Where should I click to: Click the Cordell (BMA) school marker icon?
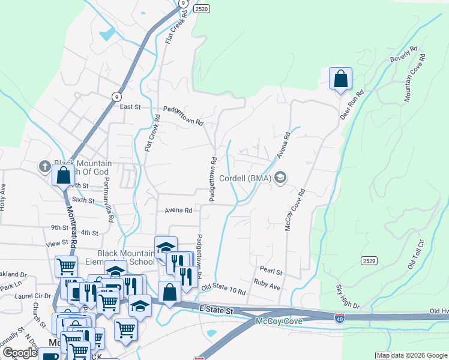(x=280, y=178)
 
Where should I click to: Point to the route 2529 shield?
(x=369, y=260)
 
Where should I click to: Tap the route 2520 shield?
(x=202, y=9)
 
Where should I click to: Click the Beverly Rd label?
(x=403, y=56)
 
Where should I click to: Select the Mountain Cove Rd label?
(x=415, y=78)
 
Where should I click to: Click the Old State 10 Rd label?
(x=224, y=289)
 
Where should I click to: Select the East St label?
(x=130, y=107)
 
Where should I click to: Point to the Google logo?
(x=20, y=353)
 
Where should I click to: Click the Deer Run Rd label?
(x=352, y=104)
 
